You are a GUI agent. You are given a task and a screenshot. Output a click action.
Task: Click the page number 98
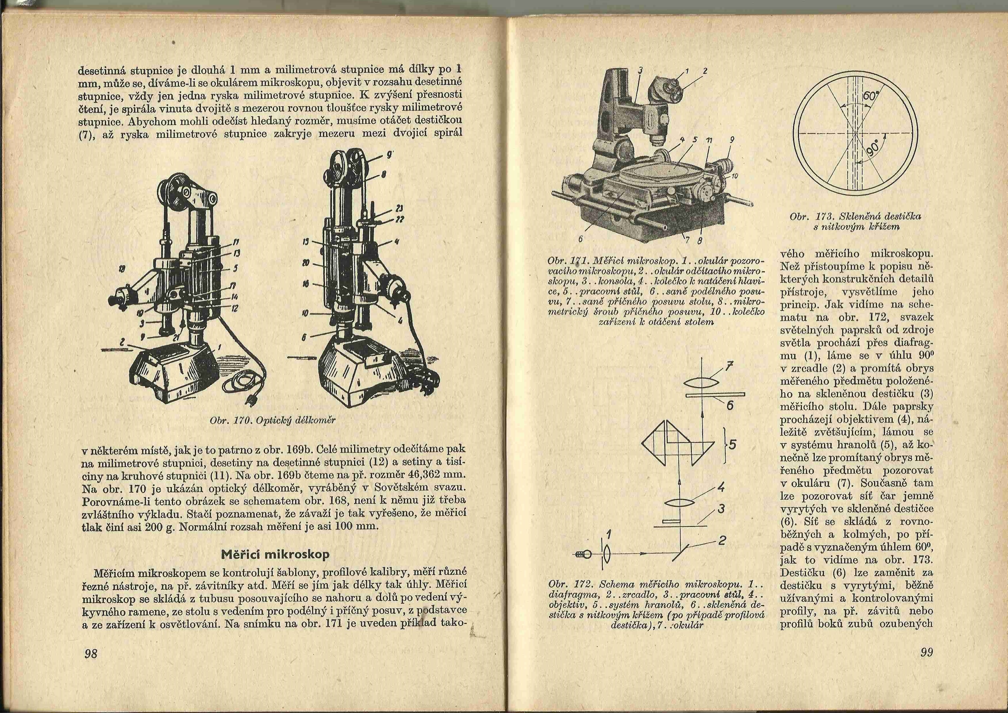[91, 653]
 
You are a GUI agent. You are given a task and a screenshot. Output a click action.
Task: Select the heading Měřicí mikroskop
[275, 554]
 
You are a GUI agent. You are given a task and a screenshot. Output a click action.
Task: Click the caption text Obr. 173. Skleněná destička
[855, 216]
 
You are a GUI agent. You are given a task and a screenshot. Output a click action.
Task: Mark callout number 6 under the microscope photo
[580, 239]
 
